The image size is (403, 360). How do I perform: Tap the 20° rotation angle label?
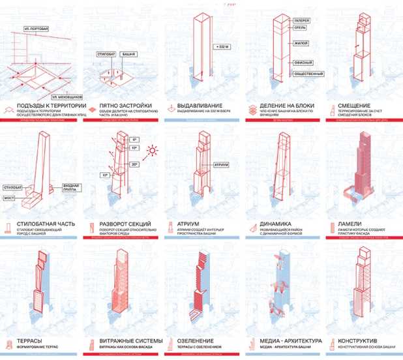[136, 164]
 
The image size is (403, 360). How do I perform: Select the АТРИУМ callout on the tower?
[220, 164]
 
